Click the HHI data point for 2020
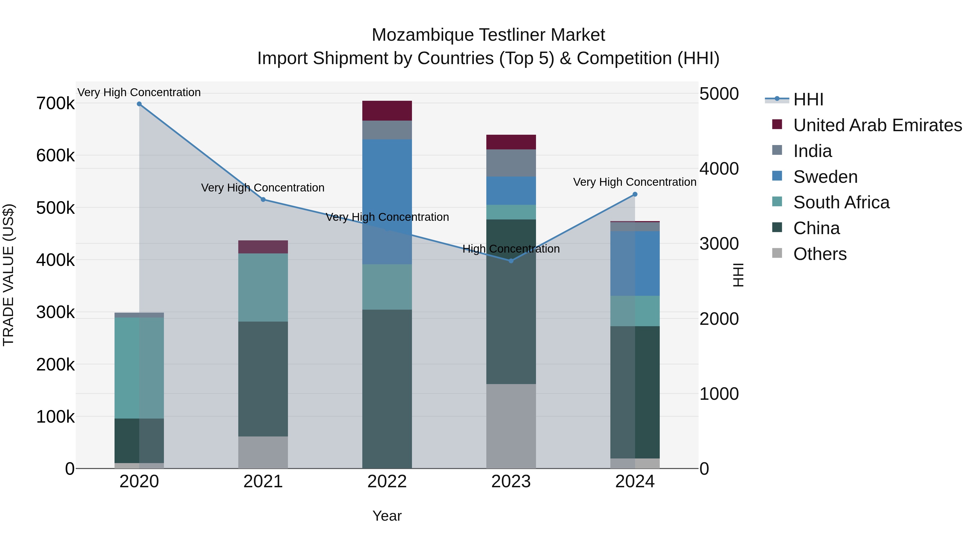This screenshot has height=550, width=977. [139, 104]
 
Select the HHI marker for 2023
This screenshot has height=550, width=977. [511, 261]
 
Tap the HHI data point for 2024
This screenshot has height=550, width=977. [635, 194]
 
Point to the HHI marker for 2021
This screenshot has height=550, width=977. [263, 200]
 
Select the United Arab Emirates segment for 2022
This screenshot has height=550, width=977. [387, 111]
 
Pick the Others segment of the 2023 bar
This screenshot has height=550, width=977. [511, 426]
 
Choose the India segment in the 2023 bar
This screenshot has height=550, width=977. [511, 163]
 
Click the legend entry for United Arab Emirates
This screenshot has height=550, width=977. [877, 125]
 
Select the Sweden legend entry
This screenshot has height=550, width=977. [825, 177]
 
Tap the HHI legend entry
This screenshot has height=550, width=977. [808, 99]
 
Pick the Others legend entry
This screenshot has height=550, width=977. [820, 254]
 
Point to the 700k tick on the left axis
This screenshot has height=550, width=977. [55, 103]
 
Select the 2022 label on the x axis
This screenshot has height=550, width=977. [387, 482]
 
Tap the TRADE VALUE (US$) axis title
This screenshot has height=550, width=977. [9, 275]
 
